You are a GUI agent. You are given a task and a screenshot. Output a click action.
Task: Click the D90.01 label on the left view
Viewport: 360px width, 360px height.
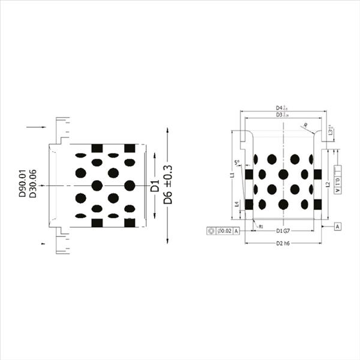(22, 184)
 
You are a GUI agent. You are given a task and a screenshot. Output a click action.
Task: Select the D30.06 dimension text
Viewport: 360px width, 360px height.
(33, 184)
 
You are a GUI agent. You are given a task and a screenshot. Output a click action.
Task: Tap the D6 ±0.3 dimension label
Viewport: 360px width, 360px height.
(168, 184)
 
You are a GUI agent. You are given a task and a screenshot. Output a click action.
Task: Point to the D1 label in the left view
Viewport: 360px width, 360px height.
(155, 185)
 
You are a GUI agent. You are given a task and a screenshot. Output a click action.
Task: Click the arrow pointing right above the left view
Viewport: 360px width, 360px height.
(37, 127)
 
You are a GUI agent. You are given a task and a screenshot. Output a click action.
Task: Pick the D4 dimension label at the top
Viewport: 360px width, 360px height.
(280, 107)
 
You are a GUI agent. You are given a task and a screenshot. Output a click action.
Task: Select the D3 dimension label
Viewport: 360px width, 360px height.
(280, 114)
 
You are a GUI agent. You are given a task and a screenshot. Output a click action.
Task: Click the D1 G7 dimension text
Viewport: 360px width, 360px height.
(283, 230)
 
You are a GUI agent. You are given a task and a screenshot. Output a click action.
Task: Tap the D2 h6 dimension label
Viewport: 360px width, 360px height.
(283, 243)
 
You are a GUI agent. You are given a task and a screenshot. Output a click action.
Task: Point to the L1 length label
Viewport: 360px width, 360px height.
(232, 176)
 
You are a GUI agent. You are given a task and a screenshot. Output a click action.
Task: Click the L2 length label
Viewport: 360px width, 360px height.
(328, 185)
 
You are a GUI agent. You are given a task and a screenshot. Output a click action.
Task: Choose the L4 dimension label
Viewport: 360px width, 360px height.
(237, 204)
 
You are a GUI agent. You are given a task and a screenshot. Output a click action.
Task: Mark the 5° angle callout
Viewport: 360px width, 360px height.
(237, 162)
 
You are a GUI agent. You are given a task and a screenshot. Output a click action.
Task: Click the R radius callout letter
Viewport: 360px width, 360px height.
(305, 125)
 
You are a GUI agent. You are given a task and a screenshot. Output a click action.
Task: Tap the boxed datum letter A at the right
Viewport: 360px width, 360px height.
(338, 226)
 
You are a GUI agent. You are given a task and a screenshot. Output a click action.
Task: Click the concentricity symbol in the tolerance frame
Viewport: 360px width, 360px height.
(211, 230)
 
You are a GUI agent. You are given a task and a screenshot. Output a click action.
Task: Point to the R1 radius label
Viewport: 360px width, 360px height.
(261, 226)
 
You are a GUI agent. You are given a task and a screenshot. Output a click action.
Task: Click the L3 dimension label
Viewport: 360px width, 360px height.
(331, 130)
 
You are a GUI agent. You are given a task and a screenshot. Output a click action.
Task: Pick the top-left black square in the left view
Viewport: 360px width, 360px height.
(97, 148)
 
